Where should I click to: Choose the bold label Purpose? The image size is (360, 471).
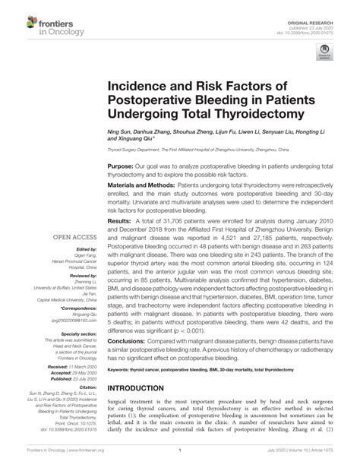tap(121, 166)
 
